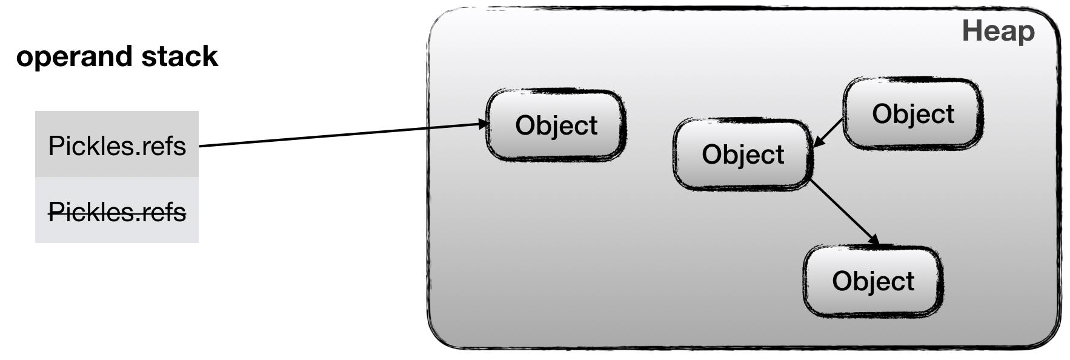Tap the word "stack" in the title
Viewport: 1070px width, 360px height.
(179, 56)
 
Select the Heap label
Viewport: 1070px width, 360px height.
(998, 32)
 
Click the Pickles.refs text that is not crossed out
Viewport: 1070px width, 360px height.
(117, 146)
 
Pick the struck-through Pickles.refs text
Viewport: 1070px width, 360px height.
(117, 212)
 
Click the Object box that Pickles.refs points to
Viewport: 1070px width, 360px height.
(556, 125)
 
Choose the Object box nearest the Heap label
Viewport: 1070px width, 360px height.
(912, 114)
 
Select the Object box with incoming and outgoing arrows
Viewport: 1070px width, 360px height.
(742, 155)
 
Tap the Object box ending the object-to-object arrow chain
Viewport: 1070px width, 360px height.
(872, 281)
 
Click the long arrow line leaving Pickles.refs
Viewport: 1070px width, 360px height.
(339, 136)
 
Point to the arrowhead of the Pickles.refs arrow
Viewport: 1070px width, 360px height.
(483, 124)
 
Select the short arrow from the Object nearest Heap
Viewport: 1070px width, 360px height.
(828, 133)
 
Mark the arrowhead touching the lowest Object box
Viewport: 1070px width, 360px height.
(874, 241)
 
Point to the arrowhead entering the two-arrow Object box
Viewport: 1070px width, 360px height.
(816, 143)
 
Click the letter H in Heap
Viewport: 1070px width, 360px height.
(971, 32)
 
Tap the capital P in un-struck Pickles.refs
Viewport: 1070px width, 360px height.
(55, 146)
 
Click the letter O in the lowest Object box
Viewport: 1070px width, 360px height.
(841, 281)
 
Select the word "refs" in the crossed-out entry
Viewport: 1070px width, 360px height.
(164, 212)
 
